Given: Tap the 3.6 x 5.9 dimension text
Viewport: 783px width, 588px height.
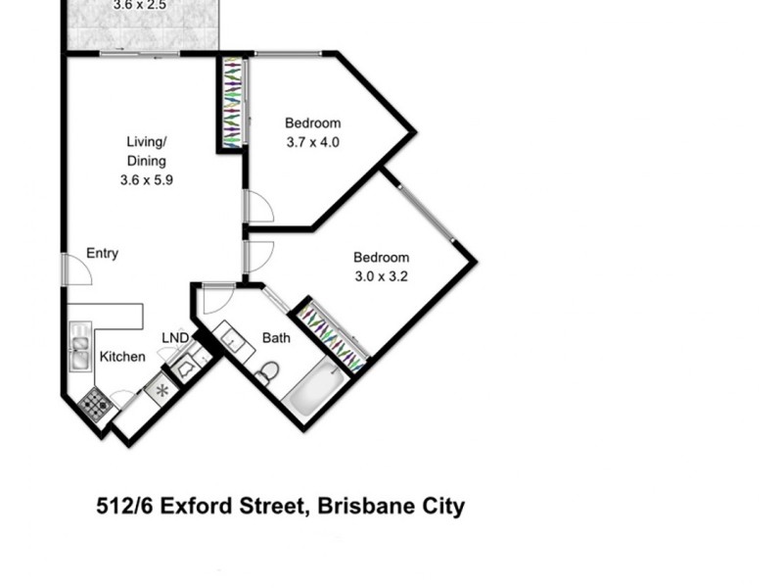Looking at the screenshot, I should [146, 180].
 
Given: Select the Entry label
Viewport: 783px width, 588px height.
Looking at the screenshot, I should [102, 253].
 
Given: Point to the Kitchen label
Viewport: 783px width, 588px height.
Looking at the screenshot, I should [122, 357].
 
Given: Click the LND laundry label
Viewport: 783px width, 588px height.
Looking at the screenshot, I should [175, 338].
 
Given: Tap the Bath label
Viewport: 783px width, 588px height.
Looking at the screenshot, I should [276, 338].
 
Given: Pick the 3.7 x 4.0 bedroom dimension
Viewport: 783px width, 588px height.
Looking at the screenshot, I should [312, 142].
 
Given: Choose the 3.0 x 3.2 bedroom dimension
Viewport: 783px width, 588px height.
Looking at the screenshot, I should [381, 276].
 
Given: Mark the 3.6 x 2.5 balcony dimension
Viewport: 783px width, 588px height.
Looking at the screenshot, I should [140, 5].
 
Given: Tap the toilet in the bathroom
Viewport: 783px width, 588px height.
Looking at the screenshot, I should [267, 372].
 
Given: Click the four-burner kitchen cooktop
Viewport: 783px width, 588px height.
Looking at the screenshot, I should [95, 403].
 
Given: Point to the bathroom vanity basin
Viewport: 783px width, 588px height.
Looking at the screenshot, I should [235, 340].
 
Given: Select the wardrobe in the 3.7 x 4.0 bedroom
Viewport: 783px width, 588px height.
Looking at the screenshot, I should [232, 103].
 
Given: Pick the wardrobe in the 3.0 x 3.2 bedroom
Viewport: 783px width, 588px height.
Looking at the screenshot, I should [333, 336].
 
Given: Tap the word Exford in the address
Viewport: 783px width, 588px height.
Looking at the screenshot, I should [201, 507].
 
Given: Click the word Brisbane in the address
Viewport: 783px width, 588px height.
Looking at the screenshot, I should [363, 507].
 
